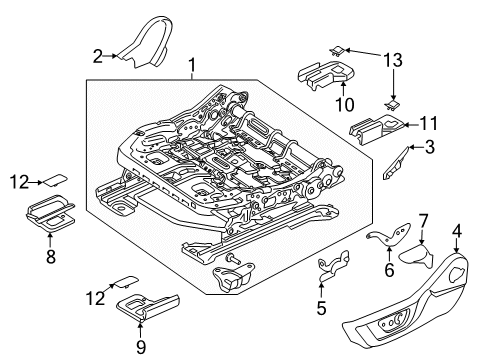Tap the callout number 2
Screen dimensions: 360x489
click(x=98, y=55)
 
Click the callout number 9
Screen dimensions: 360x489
click(x=139, y=347)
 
